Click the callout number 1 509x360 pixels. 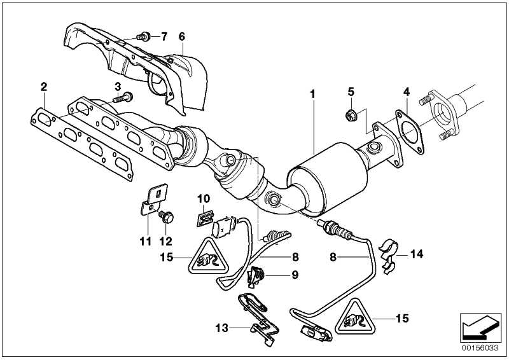coord(313,93)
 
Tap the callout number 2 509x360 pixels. coord(44,86)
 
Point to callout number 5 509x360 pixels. coord(350,92)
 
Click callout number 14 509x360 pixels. coord(416,254)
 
